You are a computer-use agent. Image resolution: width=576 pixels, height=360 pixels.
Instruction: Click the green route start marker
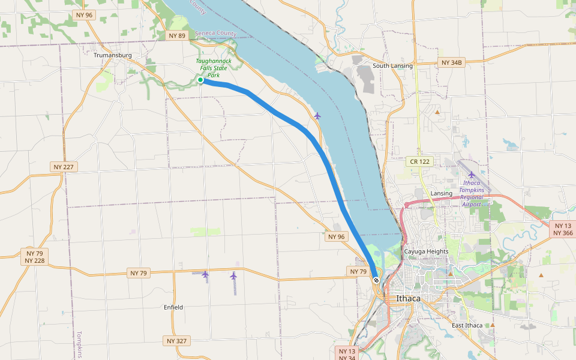pyautogui.click(x=200, y=80)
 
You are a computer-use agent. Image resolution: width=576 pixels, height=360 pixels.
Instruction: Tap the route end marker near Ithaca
pyautogui.click(x=376, y=280)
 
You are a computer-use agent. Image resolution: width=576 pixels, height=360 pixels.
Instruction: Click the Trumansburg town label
pyautogui.click(x=112, y=55)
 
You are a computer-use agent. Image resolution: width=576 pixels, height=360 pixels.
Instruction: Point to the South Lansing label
pyautogui.click(x=392, y=65)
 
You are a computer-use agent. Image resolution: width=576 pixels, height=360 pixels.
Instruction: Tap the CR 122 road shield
pyautogui.click(x=420, y=161)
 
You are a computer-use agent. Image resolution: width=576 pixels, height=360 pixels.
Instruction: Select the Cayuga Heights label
pyautogui.click(x=426, y=251)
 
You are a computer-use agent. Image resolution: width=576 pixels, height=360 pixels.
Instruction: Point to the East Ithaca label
pyautogui.click(x=467, y=325)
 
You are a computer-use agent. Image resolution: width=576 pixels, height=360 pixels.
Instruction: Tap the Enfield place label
pyautogui.click(x=173, y=307)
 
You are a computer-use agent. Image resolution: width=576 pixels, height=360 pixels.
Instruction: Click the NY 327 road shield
pyautogui.click(x=177, y=341)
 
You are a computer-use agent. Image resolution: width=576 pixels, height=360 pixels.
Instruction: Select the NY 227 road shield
pyautogui.click(x=64, y=167)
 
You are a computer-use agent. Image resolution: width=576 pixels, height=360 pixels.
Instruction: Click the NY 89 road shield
pyautogui.click(x=177, y=35)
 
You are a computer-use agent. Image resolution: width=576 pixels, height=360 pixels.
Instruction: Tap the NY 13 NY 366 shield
pyautogui.click(x=563, y=229)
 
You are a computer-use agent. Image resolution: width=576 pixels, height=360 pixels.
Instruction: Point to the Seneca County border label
pyautogui.click(x=215, y=34)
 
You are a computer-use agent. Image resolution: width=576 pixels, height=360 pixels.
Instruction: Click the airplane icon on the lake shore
pyautogui.click(x=317, y=115)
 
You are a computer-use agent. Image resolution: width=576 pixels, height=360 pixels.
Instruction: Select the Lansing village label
pyautogui.click(x=442, y=193)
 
